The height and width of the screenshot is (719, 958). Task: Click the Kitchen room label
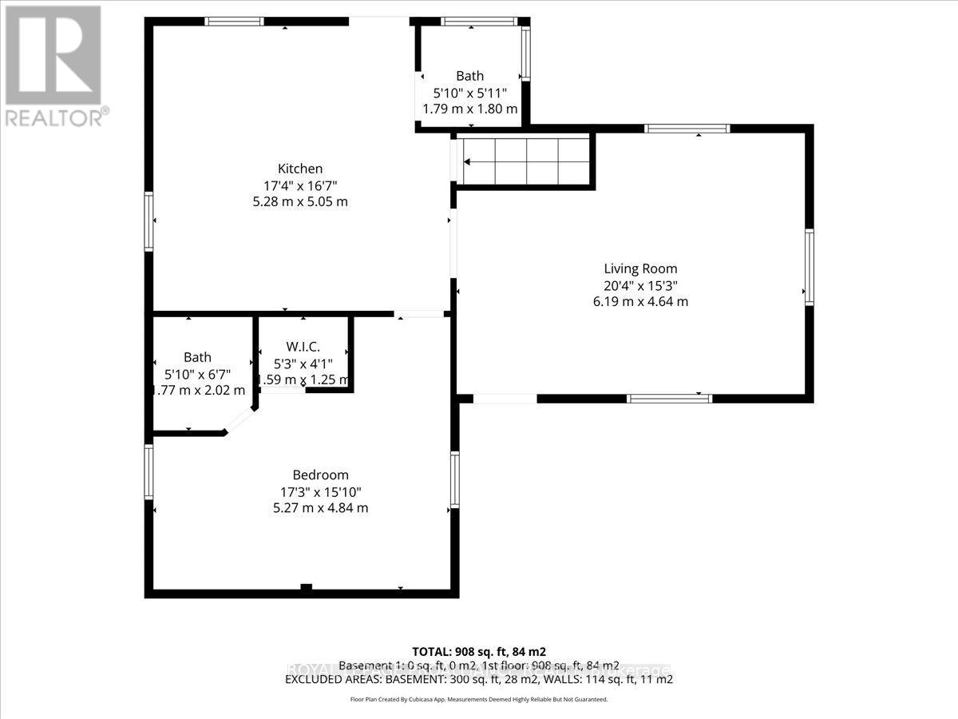[300, 169]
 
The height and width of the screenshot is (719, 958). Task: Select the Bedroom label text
[319, 475]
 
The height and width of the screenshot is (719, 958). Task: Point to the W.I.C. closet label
[303, 347]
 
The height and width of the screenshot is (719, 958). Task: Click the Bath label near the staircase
[469, 76]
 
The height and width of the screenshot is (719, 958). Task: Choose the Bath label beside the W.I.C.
[197, 357]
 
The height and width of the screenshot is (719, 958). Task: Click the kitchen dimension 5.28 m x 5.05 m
[300, 202]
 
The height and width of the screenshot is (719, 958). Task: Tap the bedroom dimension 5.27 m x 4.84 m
[319, 508]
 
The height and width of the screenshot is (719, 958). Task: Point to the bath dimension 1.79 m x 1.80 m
[469, 109]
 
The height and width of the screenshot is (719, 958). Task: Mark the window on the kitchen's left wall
[148, 222]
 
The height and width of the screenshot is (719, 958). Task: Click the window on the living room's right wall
[809, 267]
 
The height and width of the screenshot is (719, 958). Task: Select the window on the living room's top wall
[687, 128]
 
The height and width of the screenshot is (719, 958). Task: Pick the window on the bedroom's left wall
[148, 472]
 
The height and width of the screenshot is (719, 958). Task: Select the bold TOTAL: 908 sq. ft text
[478, 651]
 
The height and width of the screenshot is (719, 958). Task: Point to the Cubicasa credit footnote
[478, 699]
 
